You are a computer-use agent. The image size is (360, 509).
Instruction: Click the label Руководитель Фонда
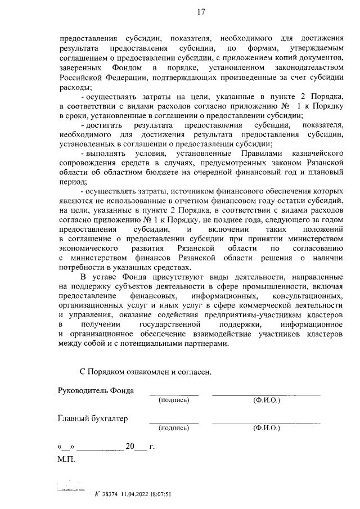(96, 391)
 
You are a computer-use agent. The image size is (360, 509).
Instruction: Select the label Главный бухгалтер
(93, 418)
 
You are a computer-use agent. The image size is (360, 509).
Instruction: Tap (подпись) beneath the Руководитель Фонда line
(174, 400)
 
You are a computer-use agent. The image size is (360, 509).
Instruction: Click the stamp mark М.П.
(66, 459)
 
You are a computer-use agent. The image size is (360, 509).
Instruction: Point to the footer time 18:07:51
(158, 494)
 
